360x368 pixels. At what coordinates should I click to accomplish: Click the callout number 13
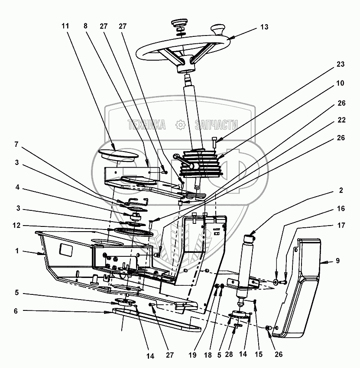(264, 27)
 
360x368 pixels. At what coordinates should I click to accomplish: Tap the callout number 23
(340, 64)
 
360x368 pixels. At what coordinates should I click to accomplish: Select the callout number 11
(65, 26)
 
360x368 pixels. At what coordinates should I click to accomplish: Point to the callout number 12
(16, 225)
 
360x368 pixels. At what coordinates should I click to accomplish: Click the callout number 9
(338, 261)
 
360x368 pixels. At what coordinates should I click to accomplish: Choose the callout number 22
(341, 120)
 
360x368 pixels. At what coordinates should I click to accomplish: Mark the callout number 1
(16, 251)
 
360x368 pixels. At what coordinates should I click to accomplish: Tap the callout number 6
(16, 311)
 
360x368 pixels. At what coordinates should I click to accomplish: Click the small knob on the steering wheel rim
(218, 30)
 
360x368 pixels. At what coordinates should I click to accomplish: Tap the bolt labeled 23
(214, 142)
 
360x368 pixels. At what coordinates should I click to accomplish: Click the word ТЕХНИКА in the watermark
(147, 125)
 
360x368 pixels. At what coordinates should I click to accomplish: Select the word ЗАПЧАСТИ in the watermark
(216, 125)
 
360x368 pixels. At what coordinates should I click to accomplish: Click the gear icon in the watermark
(180, 125)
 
